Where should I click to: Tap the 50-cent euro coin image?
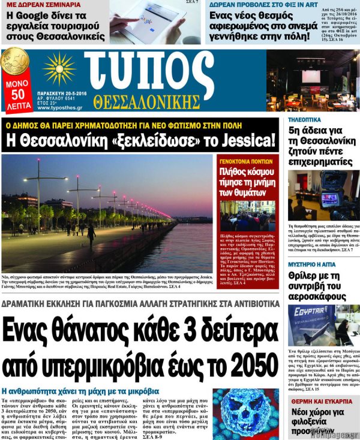[x=14, y=63]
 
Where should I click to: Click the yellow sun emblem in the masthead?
[x=58, y=68]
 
